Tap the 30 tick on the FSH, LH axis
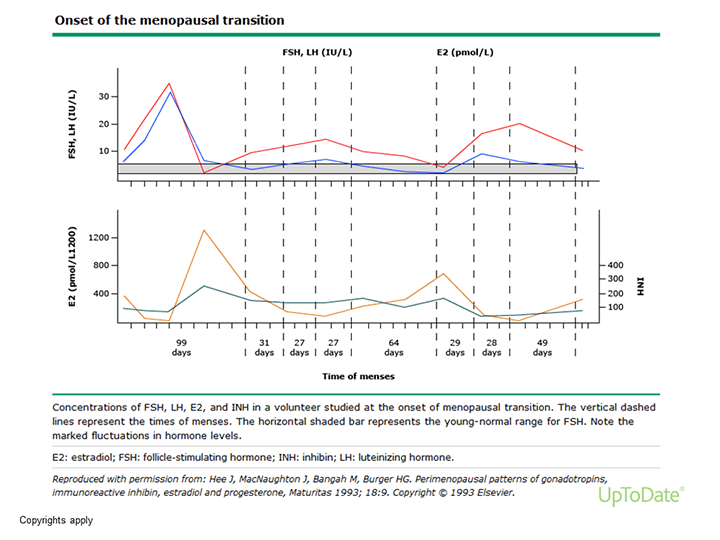coord(105,97)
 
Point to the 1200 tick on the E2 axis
coord(98,238)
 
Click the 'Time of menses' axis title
coord(358,376)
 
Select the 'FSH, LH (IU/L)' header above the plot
coord(315,49)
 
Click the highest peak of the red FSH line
coord(170,84)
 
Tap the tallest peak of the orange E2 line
coord(204,231)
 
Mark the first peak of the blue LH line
coord(170,93)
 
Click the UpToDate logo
coord(642,495)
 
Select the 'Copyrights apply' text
coord(56,522)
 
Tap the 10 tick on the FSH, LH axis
coord(105,151)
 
